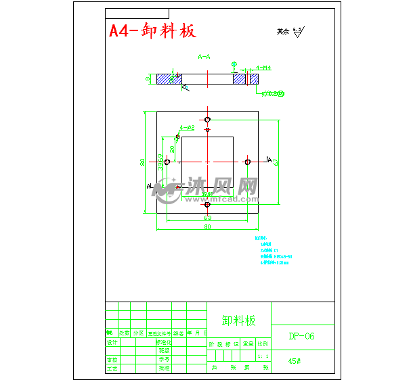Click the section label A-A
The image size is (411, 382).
(204, 57)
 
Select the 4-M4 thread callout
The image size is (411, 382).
(263, 68)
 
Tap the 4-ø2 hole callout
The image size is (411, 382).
(188, 127)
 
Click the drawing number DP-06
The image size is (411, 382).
(301, 336)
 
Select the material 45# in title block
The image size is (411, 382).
(294, 361)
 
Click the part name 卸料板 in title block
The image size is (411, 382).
(239, 320)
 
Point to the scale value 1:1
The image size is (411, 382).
(263, 355)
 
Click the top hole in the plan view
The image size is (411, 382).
(208, 119)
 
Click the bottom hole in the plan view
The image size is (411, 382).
(208, 204)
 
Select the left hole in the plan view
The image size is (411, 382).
(167, 162)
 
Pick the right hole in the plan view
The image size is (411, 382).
(248, 162)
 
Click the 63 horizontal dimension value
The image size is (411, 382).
(207, 218)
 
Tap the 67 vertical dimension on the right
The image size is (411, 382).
(276, 162)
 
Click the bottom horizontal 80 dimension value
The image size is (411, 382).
(207, 227)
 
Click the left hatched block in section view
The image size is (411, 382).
(165, 79)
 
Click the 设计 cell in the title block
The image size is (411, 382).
(112, 343)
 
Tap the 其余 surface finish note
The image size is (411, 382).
(282, 31)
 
